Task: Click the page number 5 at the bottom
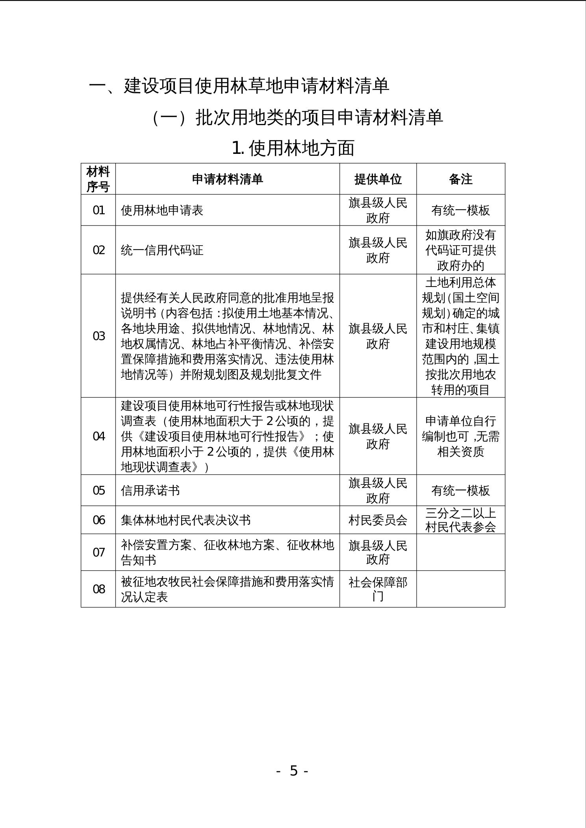[x=293, y=771]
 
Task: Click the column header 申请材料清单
[x=227, y=179]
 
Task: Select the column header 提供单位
[x=378, y=179]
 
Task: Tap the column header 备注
[x=460, y=179]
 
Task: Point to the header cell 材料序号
[x=98, y=179]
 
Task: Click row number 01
[x=98, y=210]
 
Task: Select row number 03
[x=98, y=336]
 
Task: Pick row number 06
[x=98, y=520]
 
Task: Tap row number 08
[x=98, y=589]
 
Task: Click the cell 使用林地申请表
[x=162, y=210]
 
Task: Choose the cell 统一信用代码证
[x=162, y=250]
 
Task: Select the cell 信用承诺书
[x=150, y=490]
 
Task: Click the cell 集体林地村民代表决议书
[x=185, y=520]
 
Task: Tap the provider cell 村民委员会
[x=378, y=520]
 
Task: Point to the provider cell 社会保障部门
[x=378, y=589]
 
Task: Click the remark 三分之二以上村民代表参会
[x=460, y=520]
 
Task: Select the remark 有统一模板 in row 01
[x=460, y=210]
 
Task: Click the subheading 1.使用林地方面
[x=293, y=148]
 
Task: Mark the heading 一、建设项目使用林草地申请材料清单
[x=239, y=86]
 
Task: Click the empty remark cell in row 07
[x=460, y=552]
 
